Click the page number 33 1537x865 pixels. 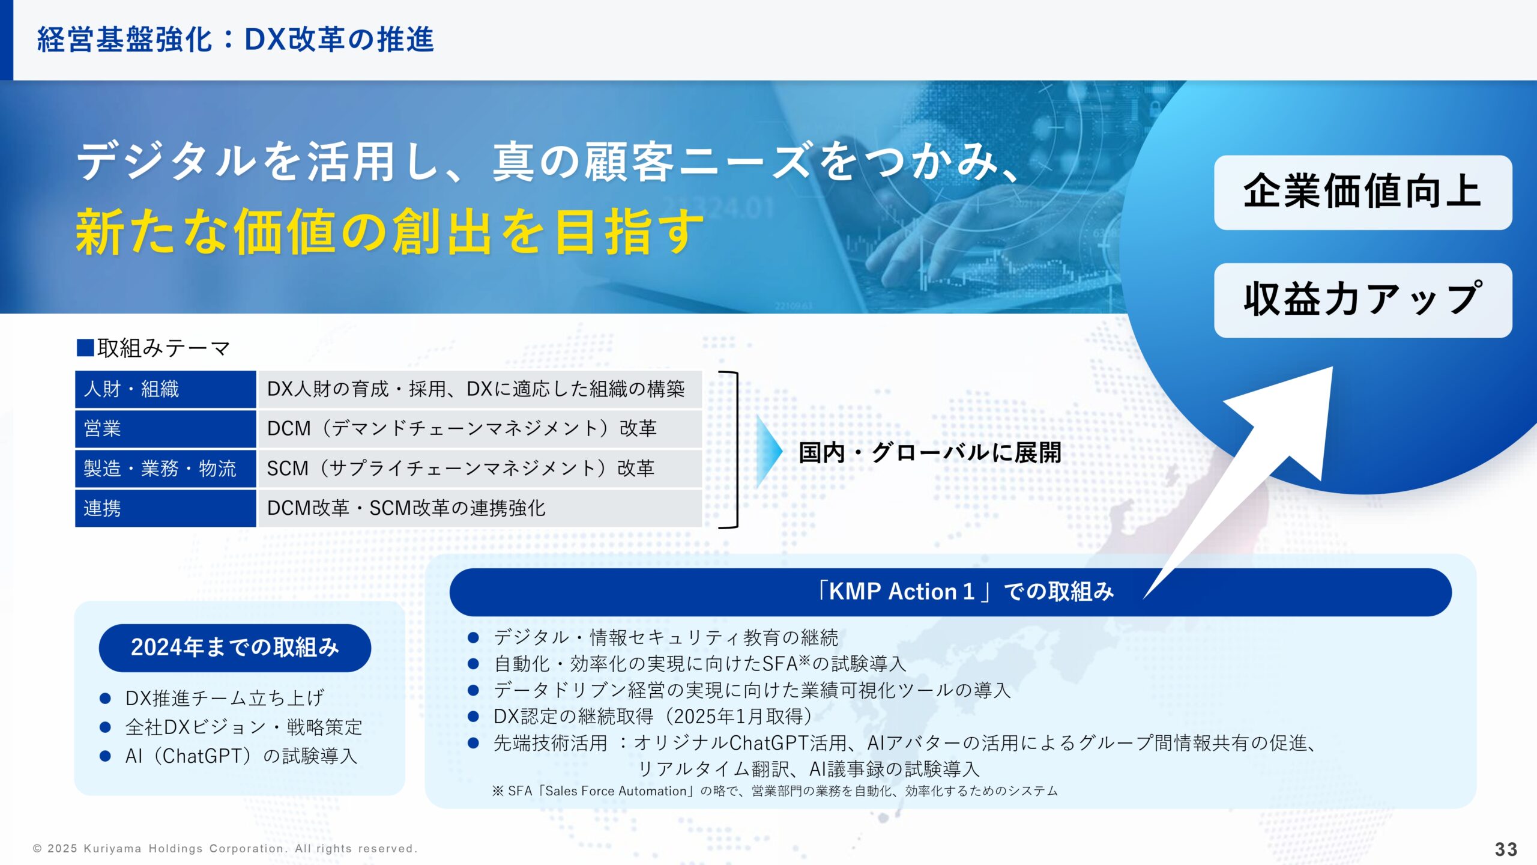click(1506, 849)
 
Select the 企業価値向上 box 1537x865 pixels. click(1362, 192)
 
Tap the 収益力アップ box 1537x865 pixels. click(1362, 300)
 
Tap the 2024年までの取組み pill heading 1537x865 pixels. click(235, 648)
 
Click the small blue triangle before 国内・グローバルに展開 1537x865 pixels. click(768, 451)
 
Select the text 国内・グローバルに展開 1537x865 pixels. click(929, 452)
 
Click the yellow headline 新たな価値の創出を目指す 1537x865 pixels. click(389, 232)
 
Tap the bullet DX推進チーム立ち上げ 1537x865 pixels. click(225, 698)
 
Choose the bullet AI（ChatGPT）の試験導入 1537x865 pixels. click(241, 756)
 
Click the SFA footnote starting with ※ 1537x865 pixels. click(775, 791)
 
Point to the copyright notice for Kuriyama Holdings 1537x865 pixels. click(225, 849)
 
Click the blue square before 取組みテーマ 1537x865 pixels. click(85, 348)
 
